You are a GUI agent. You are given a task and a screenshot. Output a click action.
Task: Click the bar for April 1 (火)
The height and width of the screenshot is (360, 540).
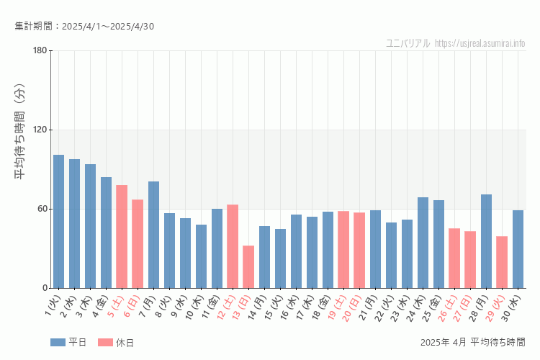tap(58, 222)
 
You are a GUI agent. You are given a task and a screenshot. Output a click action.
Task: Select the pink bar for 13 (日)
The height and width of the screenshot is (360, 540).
tap(248, 267)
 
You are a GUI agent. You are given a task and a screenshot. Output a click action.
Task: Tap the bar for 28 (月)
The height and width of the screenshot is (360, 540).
tap(486, 241)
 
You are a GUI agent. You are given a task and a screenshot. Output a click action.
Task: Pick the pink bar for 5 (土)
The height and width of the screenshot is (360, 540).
tap(122, 237)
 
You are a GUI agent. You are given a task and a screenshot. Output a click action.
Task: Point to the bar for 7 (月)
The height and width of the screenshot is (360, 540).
tap(153, 235)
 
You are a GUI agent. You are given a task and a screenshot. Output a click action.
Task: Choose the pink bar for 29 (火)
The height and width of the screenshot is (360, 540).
tap(502, 262)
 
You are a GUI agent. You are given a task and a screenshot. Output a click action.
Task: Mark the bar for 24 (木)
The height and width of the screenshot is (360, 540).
tap(423, 243)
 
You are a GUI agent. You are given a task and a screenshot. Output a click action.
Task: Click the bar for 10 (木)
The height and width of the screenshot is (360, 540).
tap(201, 256)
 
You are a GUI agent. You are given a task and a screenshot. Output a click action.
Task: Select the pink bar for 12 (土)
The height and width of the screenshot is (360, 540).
tap(233, 246)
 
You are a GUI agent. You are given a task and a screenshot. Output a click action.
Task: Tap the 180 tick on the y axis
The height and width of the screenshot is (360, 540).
tap(40, 50)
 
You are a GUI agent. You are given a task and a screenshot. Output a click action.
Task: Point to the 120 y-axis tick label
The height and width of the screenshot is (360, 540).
tap(40, 130)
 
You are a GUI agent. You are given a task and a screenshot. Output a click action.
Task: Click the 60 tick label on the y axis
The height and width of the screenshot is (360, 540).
tap(42, 209)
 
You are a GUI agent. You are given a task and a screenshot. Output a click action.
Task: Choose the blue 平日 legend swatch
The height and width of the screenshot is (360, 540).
tap(58, 342)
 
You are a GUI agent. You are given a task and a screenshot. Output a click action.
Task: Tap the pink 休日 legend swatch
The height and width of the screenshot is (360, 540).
tap(105, 342)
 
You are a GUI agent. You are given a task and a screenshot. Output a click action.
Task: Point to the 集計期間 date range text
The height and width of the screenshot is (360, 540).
tap(84, 27)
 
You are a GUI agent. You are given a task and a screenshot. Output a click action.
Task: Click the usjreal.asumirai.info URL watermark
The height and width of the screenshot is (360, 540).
tap(480, 43)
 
